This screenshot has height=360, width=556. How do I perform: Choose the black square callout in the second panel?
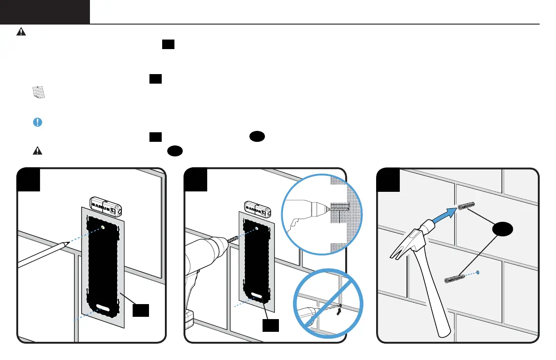click(x=271, y=325)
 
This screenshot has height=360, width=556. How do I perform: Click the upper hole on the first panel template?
click(x=104, y=227)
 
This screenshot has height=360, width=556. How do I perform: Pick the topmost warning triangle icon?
click(x=21, y=31)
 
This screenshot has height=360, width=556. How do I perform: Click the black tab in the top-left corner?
click(x=45, y=12)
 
